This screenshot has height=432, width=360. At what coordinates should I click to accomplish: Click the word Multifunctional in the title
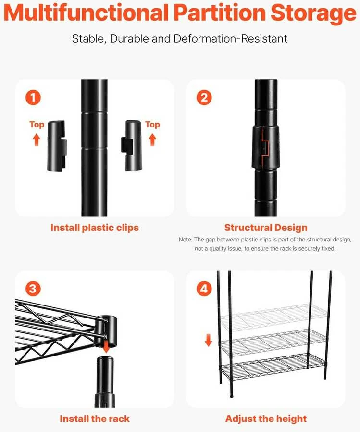pos(86,13)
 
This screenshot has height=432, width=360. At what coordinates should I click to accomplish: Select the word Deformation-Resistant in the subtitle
pos(230,38)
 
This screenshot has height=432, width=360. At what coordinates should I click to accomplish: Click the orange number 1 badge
pos(33,98)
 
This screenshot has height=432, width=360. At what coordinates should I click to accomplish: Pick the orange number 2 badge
pos(204,98)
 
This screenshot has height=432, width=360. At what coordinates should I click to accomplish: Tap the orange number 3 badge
pos(33,289)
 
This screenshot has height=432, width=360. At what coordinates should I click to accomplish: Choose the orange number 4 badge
pos(204,289)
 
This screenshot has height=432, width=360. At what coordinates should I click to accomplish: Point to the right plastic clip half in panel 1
pos(131,145)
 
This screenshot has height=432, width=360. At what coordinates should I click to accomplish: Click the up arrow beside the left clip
pos(37,140)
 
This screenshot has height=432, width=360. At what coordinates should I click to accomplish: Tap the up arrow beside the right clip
pos(152,140)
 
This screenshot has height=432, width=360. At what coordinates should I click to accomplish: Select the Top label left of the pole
pos(37,125)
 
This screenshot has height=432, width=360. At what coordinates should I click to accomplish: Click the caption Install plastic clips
pos(95,228)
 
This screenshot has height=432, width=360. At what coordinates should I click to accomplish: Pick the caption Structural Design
pos(266,228)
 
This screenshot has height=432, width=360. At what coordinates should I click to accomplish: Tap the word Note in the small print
pos(185,240)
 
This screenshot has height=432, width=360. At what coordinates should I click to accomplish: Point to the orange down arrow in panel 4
pos(209,340)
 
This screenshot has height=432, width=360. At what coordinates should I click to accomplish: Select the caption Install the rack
pos(95,419)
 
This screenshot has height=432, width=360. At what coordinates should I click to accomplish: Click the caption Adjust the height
pos(266,419)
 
